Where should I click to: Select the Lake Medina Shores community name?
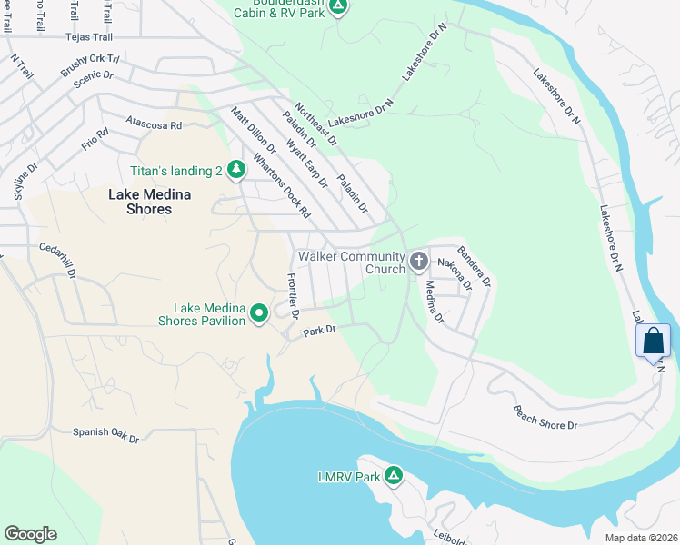139,202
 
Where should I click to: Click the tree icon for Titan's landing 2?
236,169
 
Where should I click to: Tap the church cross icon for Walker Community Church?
418,262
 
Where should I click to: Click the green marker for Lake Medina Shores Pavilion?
259,314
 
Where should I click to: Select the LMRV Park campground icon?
394,476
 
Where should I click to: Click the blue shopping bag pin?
653,342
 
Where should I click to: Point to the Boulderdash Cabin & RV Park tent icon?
338,7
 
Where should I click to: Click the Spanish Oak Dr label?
105,435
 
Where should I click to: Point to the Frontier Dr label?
293,295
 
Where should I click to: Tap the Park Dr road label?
320,330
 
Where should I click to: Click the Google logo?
30,534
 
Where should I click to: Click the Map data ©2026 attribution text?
641,538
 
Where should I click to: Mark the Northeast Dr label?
316,124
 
